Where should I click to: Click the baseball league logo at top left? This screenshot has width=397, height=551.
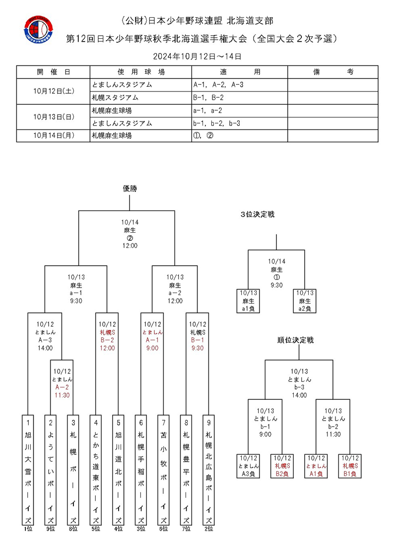tap(39, 30)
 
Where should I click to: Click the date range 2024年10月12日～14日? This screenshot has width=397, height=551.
tap(198, 56)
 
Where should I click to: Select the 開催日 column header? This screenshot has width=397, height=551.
tap(54, 72)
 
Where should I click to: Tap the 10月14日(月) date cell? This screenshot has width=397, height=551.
tap(54, 135)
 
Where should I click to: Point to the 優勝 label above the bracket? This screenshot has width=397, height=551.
tap(130, 188)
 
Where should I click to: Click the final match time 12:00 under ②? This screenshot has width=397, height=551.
tap(130, 245)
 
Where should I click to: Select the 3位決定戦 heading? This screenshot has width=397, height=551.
tap(258, 214)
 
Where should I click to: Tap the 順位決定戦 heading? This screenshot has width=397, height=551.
tap(295, 340)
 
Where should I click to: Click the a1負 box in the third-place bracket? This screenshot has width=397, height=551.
tap(248, 301)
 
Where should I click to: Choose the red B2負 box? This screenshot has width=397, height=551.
tap(282, 466)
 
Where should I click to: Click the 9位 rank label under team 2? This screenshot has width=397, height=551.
tap(51, 529)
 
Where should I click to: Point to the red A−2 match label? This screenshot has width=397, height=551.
tap(62, 387)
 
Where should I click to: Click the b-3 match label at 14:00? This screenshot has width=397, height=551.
tap(299, 387)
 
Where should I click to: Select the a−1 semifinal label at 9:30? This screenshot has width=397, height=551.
tap(76, 293)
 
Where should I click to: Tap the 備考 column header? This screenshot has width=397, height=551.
tap(332, 72)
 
